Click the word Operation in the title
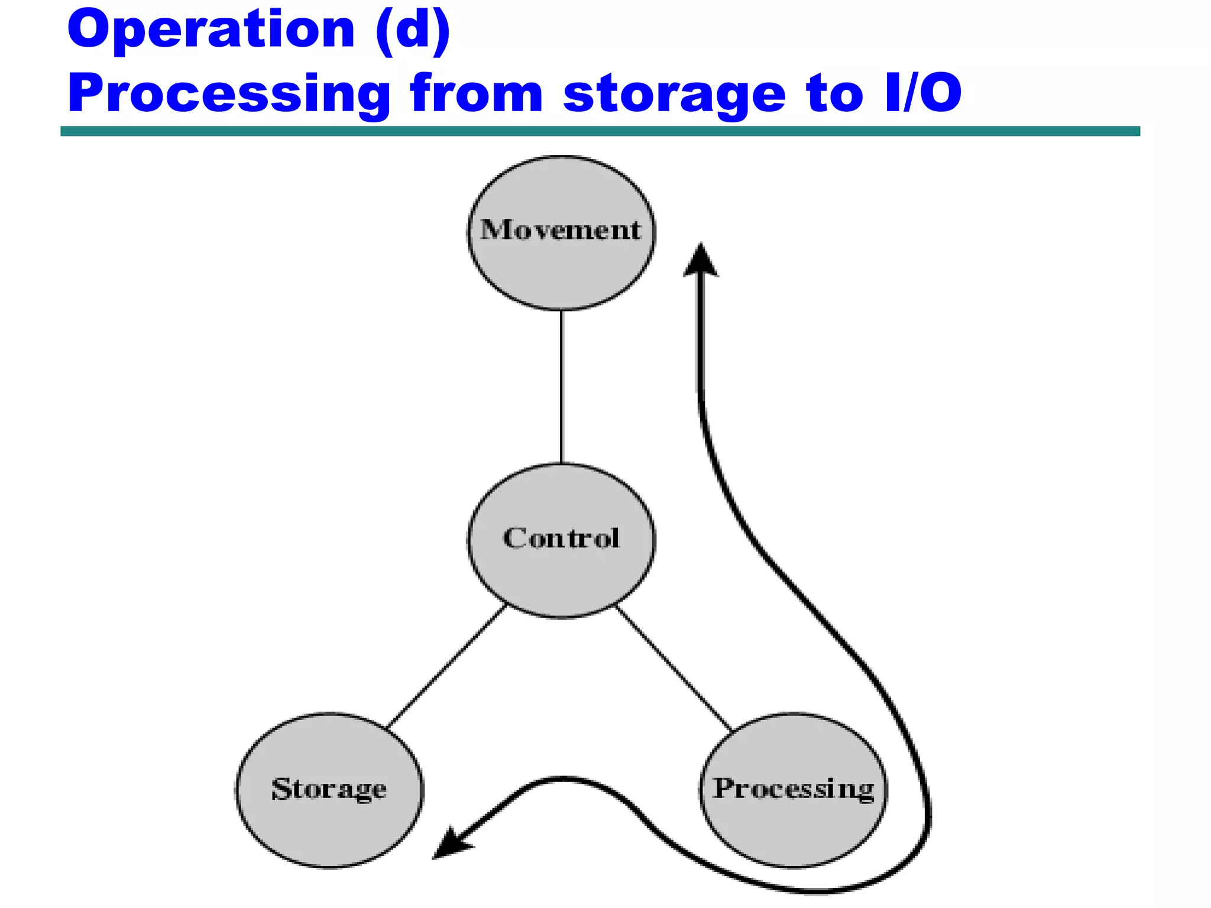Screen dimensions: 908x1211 (211, 31)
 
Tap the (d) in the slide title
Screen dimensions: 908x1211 (413, 31)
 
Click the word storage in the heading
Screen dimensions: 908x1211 (674, 95)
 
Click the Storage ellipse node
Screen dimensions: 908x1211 (329, 828)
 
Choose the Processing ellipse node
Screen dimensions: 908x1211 (794, 828)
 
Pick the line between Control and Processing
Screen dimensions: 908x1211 (674, 668)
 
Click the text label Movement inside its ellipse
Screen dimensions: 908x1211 (560, 230)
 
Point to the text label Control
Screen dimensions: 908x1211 (561, 538)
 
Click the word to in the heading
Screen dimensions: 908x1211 (834, 95)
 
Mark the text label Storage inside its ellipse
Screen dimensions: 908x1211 (329, 789)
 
